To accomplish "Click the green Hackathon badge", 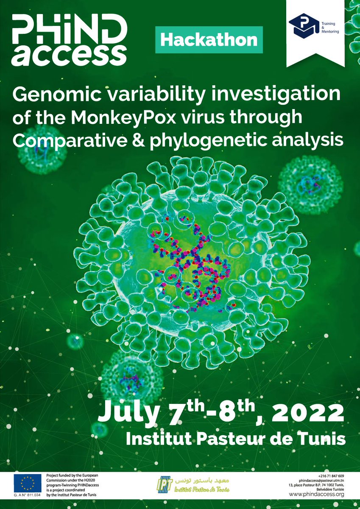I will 209,40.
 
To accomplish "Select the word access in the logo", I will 69,54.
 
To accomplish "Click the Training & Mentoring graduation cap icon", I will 304,25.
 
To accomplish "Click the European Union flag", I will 28,483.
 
